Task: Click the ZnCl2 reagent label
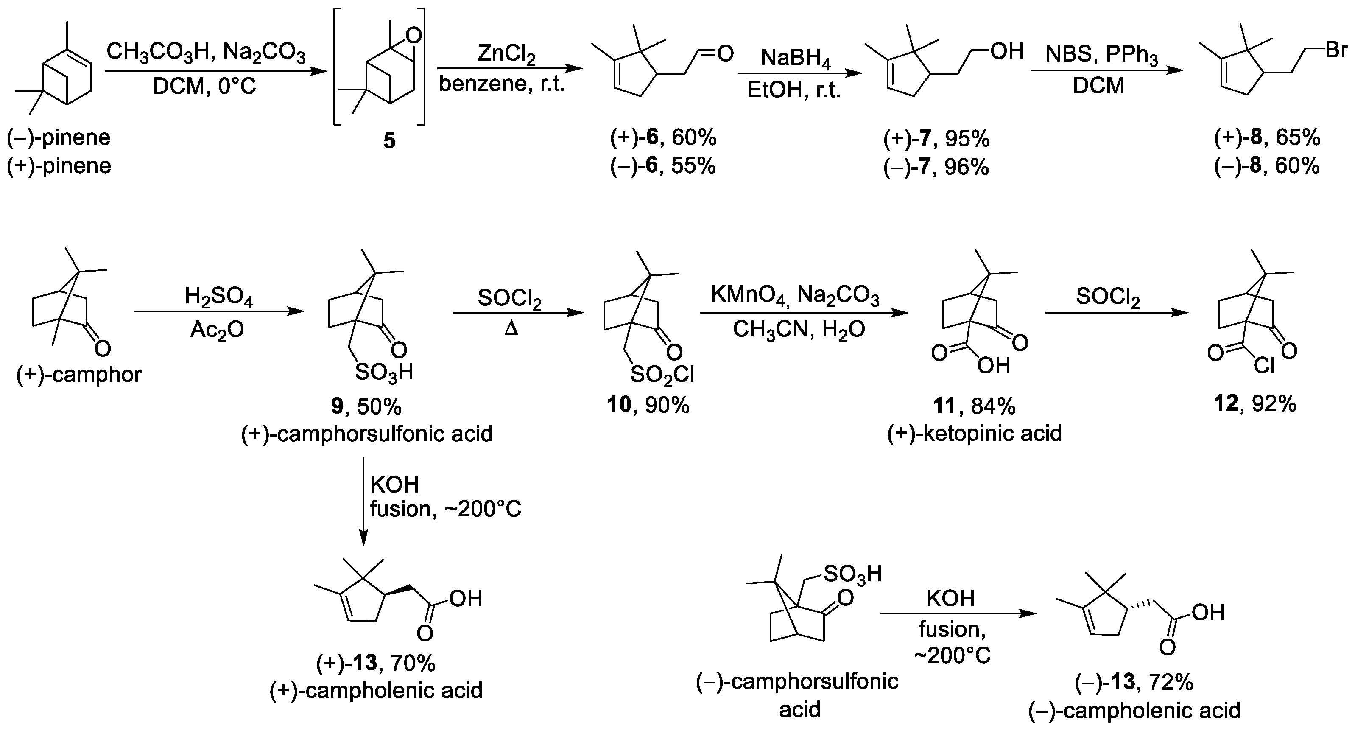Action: [506, 55]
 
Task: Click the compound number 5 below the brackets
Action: [389, 141]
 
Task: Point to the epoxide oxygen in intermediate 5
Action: [413, 36]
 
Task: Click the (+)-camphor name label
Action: [79, 375]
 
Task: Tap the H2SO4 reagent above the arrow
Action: [218, 297]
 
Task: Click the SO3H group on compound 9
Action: [383, 372]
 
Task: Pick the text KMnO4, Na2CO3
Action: [795, 296]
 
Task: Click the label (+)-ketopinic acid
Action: [974, 433]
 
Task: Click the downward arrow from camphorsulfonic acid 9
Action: [363, 500]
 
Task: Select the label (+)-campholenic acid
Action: [376, 690]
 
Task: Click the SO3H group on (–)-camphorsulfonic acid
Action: [852, 574]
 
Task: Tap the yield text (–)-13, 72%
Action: [1134, 683]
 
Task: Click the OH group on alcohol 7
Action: [1007, 51]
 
